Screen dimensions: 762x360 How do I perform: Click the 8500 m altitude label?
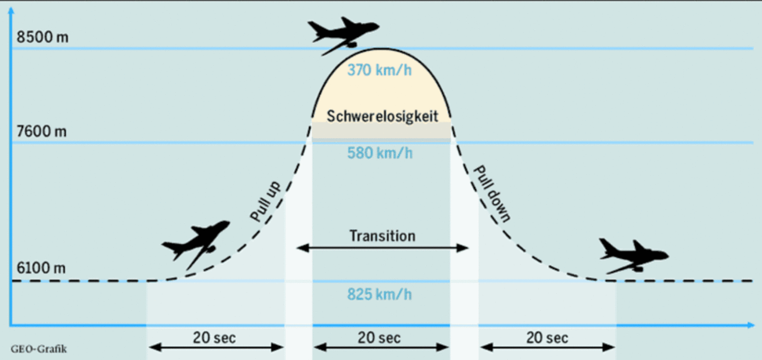click(x=42, y=37)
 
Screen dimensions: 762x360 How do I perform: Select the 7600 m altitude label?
click(x=41, y=131)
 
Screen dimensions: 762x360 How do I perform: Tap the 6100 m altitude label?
click(x=41, y=268)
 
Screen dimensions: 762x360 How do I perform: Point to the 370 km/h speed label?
click(x=379, y=70)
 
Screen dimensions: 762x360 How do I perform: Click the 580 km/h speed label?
click(x=379, y=153)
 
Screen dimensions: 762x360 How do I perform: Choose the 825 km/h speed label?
click(x=379, y=294)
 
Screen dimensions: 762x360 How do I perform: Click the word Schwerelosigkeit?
click(x=382, y=116)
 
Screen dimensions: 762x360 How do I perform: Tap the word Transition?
click(x=383, y=236)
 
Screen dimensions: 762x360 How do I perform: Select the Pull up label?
click(x=265, y=201)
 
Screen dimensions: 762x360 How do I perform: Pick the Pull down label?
click(x=492, y=194)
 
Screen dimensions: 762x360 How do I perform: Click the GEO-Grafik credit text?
click(x=39, y=349)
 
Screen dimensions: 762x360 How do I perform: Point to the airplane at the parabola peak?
click(x=343, y=35)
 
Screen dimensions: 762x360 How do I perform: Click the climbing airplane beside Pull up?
click(x=196, y=244)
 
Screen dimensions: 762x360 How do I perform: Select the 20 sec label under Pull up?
click(x=214, y=338)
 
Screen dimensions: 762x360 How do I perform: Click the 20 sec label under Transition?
click(x=379, y=338)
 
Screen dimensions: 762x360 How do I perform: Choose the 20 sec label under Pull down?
click(x=547, y=338)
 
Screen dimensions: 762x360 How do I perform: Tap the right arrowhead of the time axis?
click(x=751, y=325)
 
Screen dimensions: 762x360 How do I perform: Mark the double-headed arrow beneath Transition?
click(x=383, y=248)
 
